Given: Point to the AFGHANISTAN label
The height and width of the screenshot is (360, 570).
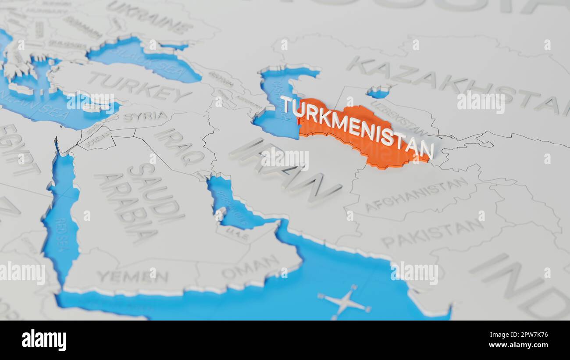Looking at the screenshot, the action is (x=416, y=194).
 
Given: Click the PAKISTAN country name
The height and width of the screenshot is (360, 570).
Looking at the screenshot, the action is (x=432, y=233).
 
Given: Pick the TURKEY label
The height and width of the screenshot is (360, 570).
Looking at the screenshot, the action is (x=139, y=87).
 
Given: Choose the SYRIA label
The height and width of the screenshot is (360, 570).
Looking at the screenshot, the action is (x=145, y=117).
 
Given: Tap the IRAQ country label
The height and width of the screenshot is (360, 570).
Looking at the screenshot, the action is (x=179, y=147).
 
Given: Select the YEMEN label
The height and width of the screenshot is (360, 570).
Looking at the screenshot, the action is (x=132, y=277).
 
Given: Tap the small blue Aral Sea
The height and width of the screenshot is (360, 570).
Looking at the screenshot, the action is (x=378, y=92).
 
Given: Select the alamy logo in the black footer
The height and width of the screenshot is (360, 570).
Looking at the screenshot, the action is (x=44, y=340).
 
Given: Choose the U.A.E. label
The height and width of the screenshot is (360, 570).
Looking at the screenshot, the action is (x=237, y=235).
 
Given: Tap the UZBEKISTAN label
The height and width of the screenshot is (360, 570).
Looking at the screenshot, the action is (x=399, y=118).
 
